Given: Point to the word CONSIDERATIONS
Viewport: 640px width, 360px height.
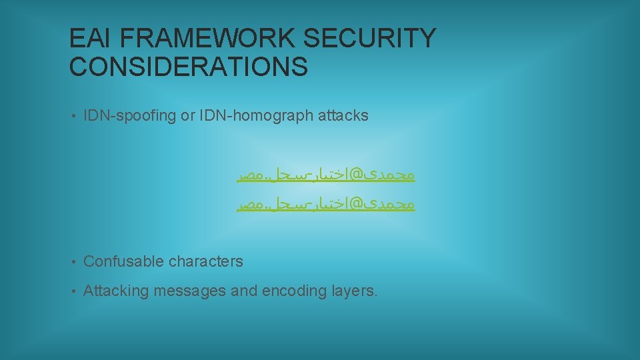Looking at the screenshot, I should [189, 67].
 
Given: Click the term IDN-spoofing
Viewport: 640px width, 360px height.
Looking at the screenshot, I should [130, 115].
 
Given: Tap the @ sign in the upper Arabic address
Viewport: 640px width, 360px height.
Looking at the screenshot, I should [356, 175].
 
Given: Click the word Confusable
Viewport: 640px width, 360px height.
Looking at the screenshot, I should [123, 261].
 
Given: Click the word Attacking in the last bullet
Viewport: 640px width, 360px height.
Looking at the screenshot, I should [116, 291].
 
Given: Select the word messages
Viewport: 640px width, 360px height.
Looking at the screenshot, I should [189, 291].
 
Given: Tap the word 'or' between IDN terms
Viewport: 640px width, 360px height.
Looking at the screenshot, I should [187, 115].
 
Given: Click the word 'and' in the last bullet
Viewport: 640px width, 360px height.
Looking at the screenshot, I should [245, 291].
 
